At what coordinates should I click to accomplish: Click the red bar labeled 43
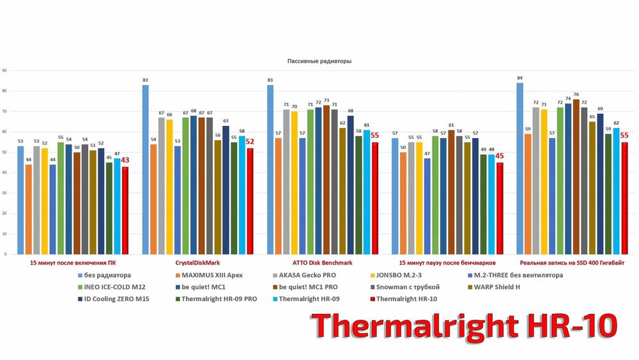(x=125, y=210)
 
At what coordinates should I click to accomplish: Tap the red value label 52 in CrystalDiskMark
(x=250, y=142)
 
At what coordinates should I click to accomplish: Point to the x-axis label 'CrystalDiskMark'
(x=196, y=263)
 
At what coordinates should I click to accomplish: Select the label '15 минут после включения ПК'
(x=73, y=263)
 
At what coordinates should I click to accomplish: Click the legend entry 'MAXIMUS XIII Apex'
(x=217, y=276)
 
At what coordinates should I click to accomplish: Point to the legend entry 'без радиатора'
(x=106, y=276)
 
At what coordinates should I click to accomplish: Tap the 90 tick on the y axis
(x=4, y=70)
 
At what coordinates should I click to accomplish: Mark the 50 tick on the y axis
(x=4, y=152)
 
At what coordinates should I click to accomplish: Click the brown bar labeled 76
(x=576, y=176)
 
